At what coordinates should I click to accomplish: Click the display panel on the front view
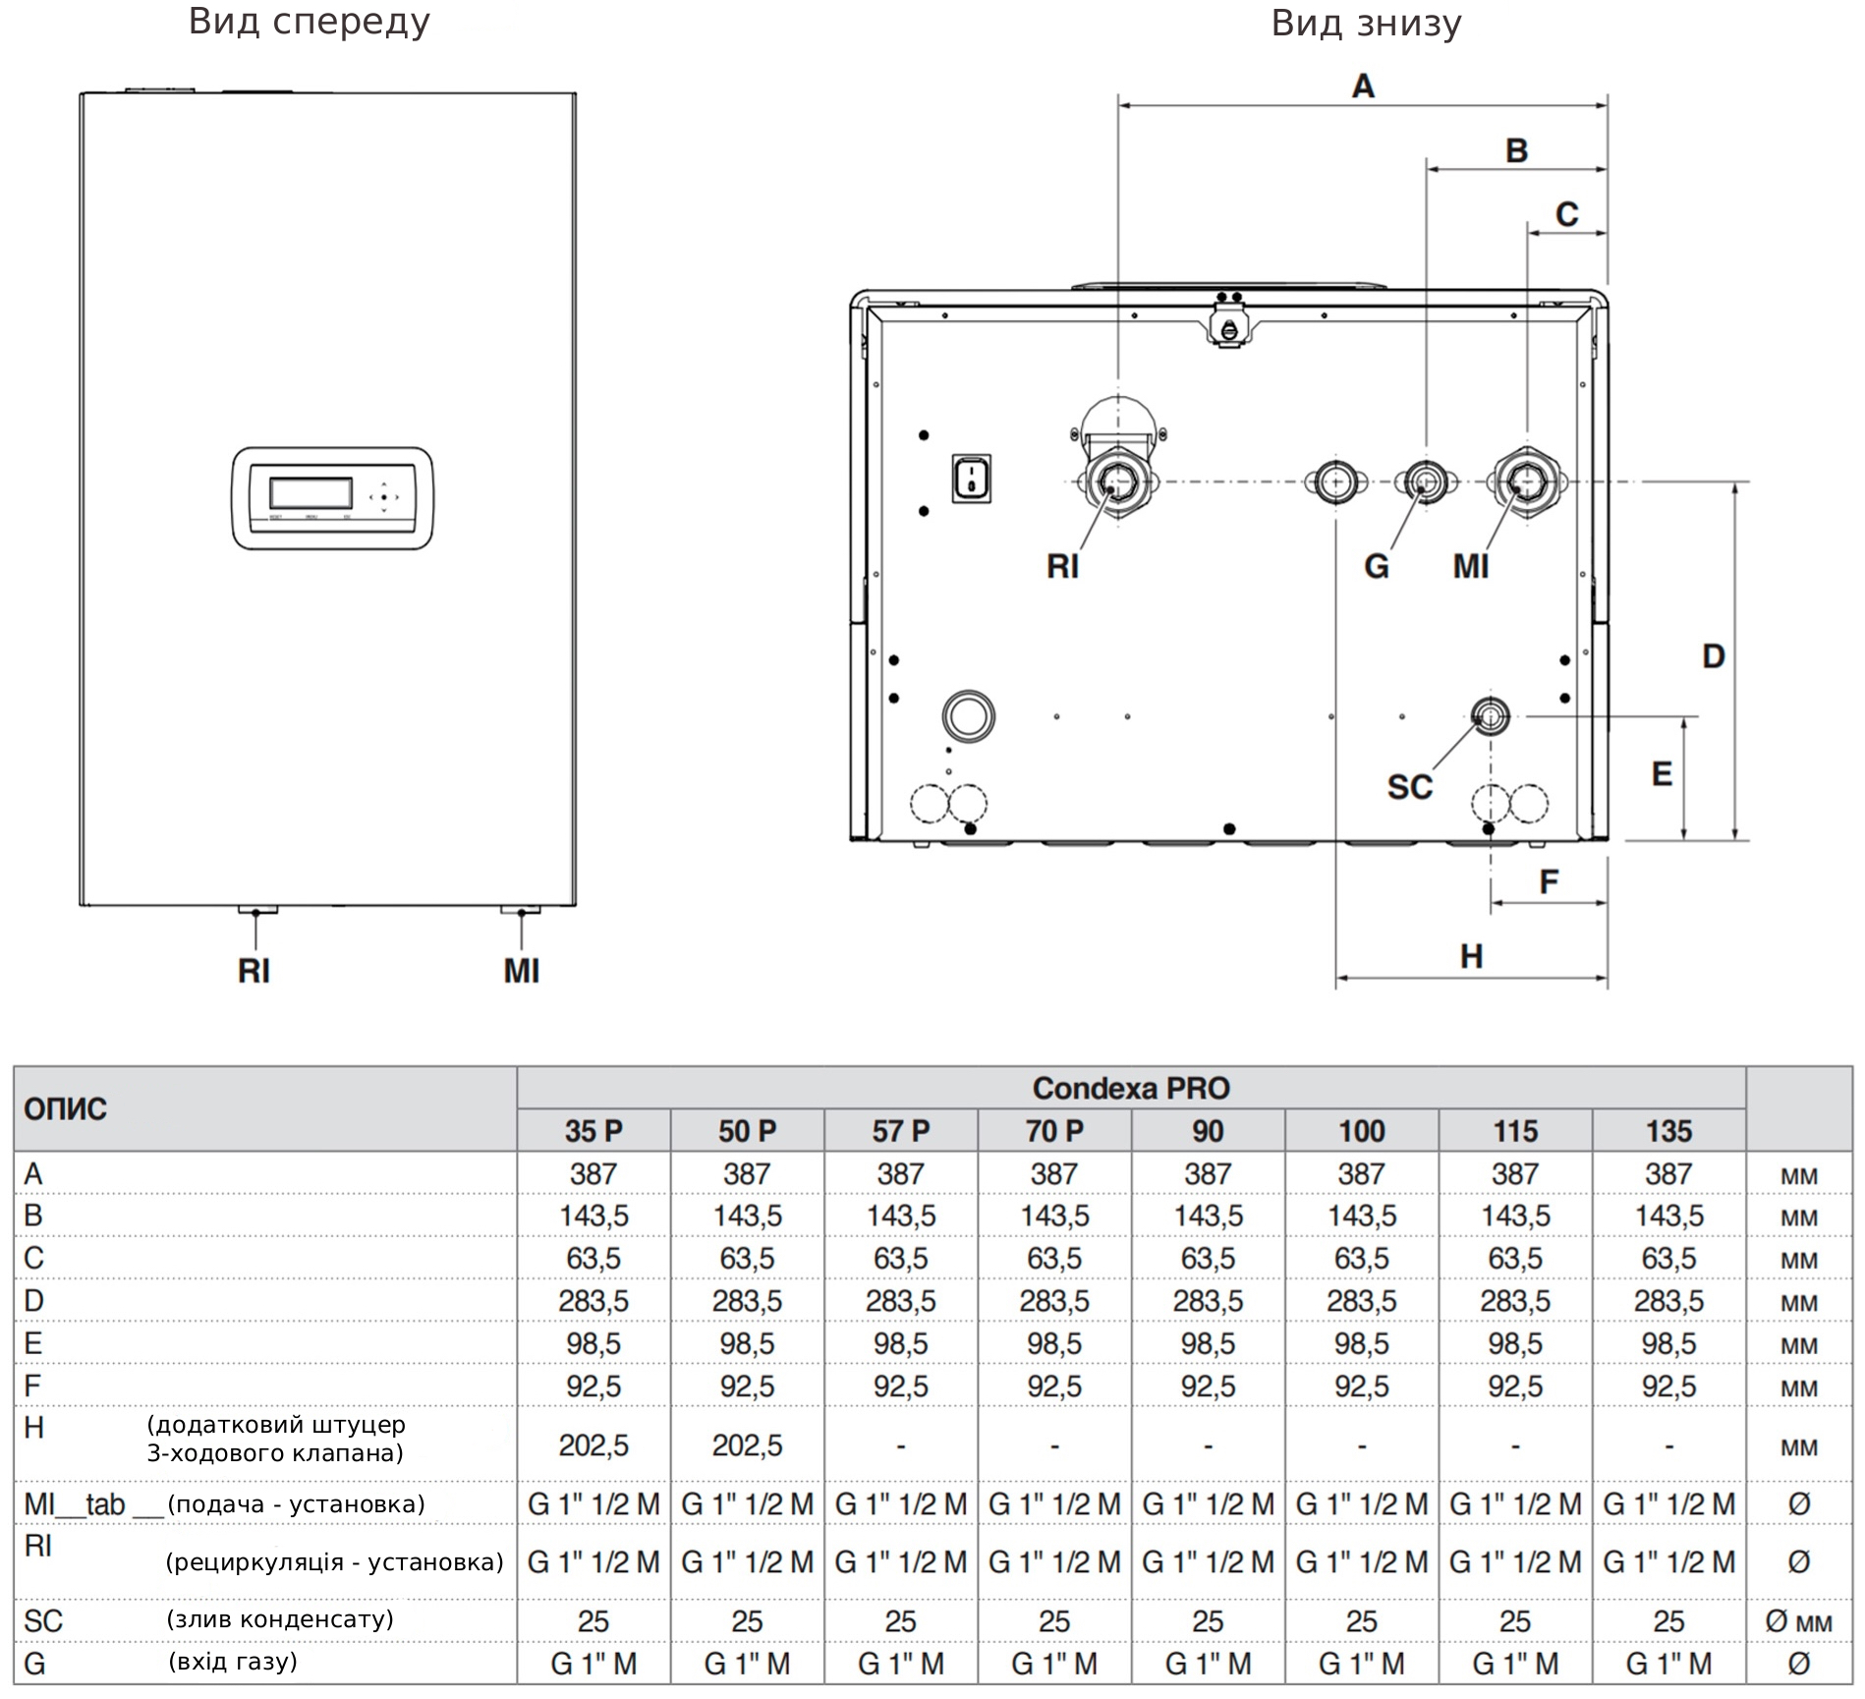click(x=332, y=497)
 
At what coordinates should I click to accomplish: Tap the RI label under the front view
click(x=254, y=971)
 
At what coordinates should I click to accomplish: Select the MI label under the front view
click(x=522, y=971)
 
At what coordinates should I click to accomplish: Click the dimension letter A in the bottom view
click(x=1363, y=86)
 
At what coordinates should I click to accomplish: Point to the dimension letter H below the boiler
click(x=1471, y=956)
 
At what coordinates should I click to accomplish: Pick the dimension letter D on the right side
click(x=1714, y=656)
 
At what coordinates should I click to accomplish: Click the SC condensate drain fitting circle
click(x=1490, y=715)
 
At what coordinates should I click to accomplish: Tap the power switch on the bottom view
click(x=971, y=479)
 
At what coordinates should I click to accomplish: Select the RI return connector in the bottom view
click(x=1118, y=481)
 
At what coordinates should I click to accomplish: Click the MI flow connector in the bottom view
click(x=1526, y=481)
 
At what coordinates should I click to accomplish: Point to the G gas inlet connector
click(x=1424, y=481)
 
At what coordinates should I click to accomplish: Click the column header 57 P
click(x=900, y=1131)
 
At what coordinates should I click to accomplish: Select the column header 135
click(x=1668, y=1131)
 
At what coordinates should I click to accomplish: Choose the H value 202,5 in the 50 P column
click(x=747, y=1445)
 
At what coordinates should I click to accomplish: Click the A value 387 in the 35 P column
click(x=593, y=1173)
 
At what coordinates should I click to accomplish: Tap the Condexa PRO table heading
click(x=1131, y=1088)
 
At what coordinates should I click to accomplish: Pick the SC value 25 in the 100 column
click(x=1361, y=1620)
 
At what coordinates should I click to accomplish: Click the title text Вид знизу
click(x=1366, y=23)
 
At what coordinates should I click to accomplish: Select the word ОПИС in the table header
click(x=65, y=1109)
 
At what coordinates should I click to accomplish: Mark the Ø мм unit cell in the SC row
click(x=1798, y=1621)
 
